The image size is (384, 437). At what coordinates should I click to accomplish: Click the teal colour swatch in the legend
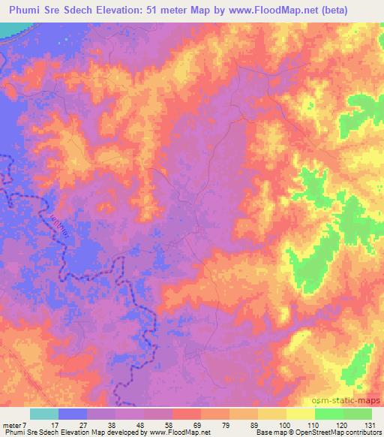44,413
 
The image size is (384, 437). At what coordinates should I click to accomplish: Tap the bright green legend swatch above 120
329,413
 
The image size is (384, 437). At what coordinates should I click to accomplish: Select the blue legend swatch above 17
73,413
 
